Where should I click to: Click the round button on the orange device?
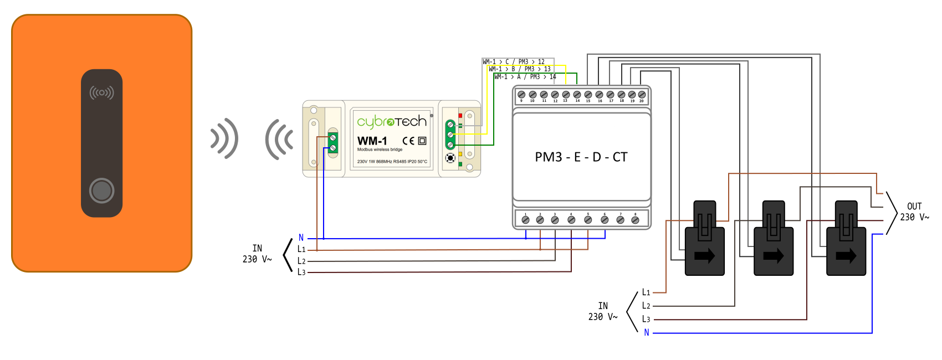[x=102, y=191]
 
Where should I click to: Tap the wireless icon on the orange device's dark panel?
[x=102, y=92]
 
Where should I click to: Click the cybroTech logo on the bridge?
[x=391, y=121]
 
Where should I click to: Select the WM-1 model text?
[x=372, y=141]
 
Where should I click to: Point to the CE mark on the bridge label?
[x=408, y=141]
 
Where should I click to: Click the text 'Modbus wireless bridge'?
[x=380, y=150]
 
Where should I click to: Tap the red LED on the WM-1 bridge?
[x=460, y=116]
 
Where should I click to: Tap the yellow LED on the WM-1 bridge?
[x=460, y=154]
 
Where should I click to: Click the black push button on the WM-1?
[x=450, y=158]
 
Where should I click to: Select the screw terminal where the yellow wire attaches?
[x=450, y=135]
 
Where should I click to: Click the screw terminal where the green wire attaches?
[x=450, y=145]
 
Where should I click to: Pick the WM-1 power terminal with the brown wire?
[x=332, y=137]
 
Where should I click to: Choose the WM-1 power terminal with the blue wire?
[x=332, y=148]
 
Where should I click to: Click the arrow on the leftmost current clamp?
[x=705, y=256]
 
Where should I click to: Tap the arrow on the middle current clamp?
[x=774, y=256]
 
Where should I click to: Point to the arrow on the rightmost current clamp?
[x=846, y=256]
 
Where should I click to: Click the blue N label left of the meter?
[x=301, y=238]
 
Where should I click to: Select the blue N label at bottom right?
[x=647, y=332]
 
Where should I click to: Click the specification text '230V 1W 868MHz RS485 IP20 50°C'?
[x=392, y=162]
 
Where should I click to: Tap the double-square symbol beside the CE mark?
[x=422, y=141]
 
